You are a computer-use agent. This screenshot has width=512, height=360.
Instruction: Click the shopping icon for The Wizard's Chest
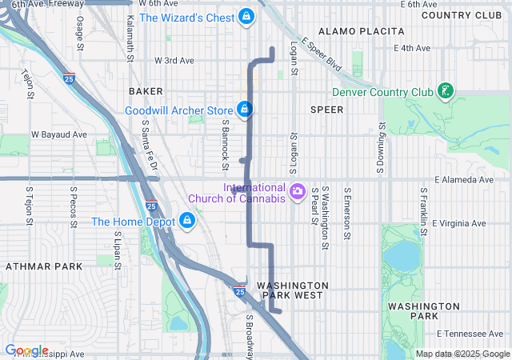[x=246, y=17]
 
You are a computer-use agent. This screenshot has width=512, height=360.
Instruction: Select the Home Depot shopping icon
[x=186, y=220]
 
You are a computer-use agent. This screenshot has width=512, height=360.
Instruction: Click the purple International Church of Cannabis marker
[x=298, y=190]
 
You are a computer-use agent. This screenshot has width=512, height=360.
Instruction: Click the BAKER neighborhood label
[x=144, y=92]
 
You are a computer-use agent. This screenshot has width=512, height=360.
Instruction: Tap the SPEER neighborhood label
[x=326, y=108]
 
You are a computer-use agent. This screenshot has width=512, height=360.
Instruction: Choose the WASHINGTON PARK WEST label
[x=292, y=290]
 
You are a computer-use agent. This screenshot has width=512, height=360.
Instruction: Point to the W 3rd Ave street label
[x=174, y=60]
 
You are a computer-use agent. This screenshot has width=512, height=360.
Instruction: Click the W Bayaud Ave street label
[x=58, y=134]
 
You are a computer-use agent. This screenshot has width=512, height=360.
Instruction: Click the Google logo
[x=26, y=350]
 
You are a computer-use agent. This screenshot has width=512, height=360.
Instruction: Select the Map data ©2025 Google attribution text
[x=462, y=354]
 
